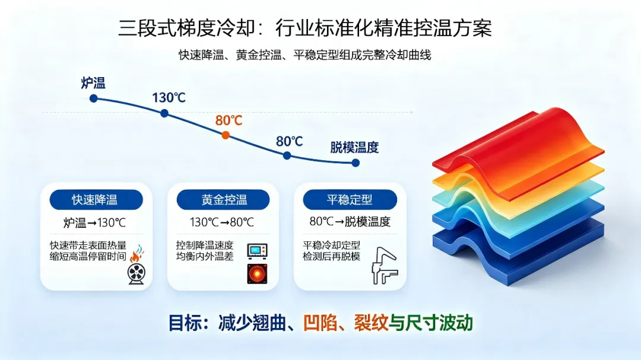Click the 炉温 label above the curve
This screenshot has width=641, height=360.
(x=93, y=83)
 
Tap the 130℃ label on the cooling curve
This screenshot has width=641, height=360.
(x=169, y=98)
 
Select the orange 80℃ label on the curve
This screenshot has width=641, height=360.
(x=229, y=120)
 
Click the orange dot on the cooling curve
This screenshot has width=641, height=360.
(x=226, y=135)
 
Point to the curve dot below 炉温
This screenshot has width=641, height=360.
(x=94, y=98)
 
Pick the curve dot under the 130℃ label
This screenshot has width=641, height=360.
(x=164, y=113)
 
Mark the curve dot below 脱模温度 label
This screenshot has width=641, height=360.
(x=356, y=163)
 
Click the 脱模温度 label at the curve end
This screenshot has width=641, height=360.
(x=354, y=148)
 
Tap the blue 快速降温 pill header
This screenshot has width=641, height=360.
(x=96, y=200)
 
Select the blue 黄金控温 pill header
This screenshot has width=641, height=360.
(x=223, y=200)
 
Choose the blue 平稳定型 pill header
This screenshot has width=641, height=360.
(x=350, y=200)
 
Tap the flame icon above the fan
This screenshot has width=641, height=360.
(x=137, y=254)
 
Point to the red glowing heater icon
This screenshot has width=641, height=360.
(x=257, y=274)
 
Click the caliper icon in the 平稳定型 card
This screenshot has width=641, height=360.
(x=384, y=266)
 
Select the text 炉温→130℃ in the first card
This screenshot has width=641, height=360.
(x=94, y=222)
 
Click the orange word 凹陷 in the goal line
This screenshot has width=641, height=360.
(x=320, y=323)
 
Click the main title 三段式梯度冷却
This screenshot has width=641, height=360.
(x=186, y=28)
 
